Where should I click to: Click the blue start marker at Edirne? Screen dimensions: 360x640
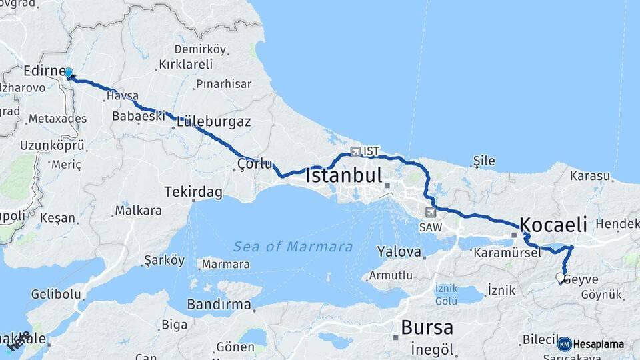click(x=69, y=72)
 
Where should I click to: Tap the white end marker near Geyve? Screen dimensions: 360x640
click(x=561, y=278)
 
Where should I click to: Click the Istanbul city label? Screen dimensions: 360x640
click(x=344, y=177)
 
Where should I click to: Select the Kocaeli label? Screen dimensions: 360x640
click(x=553, y=224)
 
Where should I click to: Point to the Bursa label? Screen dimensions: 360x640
click(x=427, y=328)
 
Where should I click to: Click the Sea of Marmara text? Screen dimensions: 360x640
click(x=293, y=247)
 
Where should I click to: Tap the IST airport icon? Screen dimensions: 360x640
click(x=355, y=151)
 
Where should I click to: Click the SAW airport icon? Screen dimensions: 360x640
click(x=431, y=213)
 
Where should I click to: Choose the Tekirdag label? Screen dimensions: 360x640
click(x=193, y=192)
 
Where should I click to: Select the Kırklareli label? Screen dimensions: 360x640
click(x=186, y=65)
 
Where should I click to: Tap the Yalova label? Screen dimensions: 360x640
click(x=399, y=252)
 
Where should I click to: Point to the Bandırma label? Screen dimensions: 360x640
click(x=219, y=305)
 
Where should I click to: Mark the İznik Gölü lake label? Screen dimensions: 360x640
click(x=446, y=294)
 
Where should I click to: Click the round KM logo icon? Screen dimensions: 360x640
click(x=564, y=344)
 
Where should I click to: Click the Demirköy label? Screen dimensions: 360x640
click(x=200, y=49)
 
